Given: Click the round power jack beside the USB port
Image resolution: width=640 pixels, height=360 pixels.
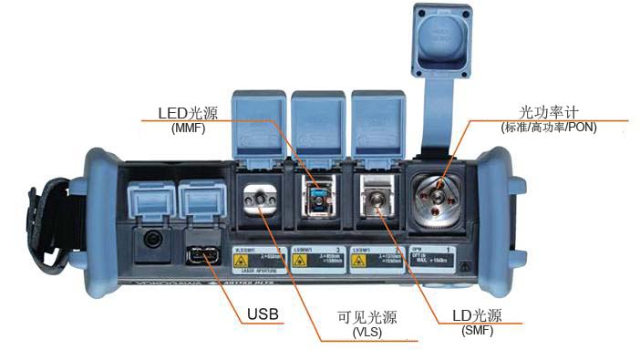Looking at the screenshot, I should (x=150, y=241).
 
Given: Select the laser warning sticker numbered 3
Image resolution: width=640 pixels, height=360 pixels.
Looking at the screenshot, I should (x=318, y=257).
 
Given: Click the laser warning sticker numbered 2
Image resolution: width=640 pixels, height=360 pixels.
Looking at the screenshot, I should (x=378, y=257).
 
